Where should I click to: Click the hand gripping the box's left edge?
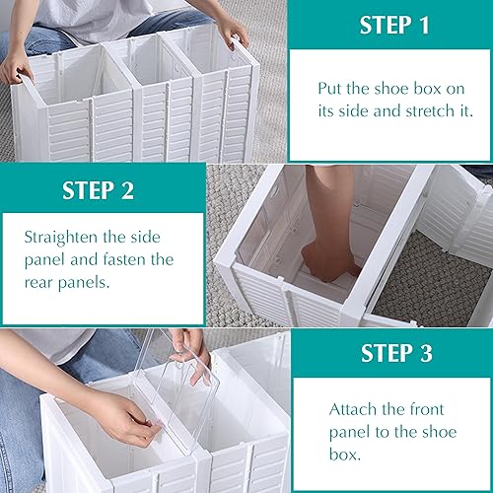pos(15,69)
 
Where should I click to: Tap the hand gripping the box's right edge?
pos(233,32)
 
